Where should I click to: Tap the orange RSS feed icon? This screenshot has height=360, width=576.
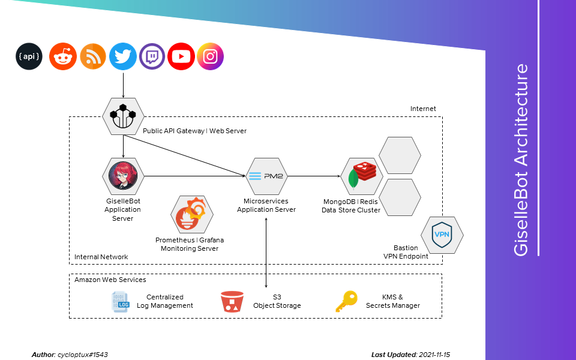[x=93, y=57]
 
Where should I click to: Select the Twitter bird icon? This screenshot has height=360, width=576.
[x=123, y=57]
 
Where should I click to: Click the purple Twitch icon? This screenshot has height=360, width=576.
[x=152, y=57]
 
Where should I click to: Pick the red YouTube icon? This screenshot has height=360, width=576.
[x=181, y=57]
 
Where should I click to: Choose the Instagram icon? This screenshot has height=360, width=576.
[x=210, y=57]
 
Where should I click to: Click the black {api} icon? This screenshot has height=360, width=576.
[x=29, y=57]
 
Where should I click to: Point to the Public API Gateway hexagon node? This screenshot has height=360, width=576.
[x=123, y=116]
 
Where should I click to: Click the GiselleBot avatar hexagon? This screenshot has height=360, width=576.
[x=123, y=176]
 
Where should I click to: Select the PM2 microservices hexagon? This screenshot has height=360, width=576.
[x=266, y=176]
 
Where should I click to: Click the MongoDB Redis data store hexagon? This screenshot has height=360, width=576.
[x=362, y=176]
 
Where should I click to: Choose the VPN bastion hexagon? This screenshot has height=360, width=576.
[x=442, y=234]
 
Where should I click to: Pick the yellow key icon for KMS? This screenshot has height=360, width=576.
[x=346, y=301]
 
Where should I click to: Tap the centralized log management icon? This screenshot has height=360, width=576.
[x=121, y=301]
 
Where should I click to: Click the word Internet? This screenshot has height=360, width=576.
[x=423, y=109]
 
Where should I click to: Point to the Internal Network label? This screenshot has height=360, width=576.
[x=101, y=257]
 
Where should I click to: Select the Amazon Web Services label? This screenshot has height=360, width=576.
[x=110, y=280]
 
